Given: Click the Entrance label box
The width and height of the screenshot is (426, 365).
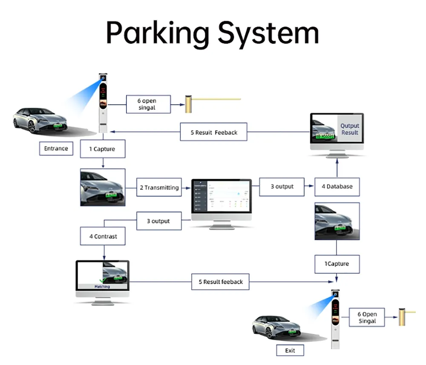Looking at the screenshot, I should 56,148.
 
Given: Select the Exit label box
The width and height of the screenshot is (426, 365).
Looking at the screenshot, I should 290,351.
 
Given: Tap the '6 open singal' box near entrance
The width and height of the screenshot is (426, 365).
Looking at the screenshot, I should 148,104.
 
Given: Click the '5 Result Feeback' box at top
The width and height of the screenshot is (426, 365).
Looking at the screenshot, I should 214,132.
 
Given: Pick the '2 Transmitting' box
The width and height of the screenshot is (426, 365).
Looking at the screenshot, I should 159,187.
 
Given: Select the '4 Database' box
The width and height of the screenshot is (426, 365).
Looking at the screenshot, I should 337,187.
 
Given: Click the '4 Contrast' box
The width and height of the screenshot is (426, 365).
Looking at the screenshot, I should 103,236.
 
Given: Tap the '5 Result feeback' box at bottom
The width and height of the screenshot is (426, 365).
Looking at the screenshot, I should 220,282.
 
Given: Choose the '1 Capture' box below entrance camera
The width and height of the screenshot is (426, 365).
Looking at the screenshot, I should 102,149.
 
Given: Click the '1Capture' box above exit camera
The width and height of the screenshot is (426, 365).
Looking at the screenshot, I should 337,264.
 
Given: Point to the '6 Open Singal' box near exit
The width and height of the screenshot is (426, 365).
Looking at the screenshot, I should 367,317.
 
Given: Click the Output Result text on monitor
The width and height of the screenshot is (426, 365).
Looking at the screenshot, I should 350,129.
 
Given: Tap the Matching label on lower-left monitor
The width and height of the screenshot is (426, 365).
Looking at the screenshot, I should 102,287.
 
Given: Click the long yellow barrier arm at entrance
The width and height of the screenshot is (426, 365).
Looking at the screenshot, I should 217,99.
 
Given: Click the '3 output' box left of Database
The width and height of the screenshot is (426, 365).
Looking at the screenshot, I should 282,187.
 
